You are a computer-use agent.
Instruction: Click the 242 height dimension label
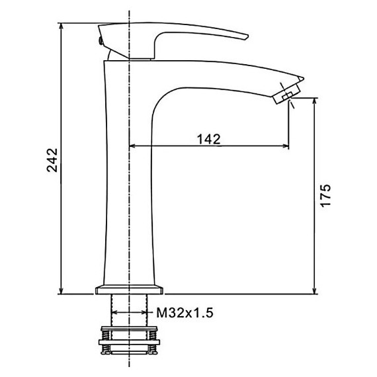click(x=52, y=160)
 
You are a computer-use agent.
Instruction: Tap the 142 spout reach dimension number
click(x=208, y=139)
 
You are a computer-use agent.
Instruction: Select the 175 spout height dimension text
click(x=325, y=195)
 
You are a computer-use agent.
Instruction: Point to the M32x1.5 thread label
click(x=185, y=313)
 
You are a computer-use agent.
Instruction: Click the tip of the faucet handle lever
click(x=247, y=36)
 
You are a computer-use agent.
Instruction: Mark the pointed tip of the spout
click(x=303, y=78)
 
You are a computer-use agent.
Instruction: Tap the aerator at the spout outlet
click(x=287, y=94)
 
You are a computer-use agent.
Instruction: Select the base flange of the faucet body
click(x=129, y=290)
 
